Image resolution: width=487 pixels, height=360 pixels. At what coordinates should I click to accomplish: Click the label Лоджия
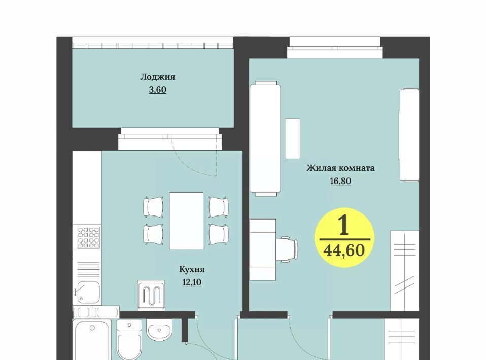coord(158,77)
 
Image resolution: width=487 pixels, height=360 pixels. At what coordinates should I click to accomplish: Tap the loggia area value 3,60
coord(158,90)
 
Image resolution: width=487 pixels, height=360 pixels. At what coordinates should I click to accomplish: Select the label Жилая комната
coord(340,168)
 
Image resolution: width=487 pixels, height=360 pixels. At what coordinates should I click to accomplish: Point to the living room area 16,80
coord(340,181)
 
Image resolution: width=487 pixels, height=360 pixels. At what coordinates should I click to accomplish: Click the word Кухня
coord(192,269)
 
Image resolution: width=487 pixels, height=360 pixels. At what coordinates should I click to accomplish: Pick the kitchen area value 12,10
coord(192,282)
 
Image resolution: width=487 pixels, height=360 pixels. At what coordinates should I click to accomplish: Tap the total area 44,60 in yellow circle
coord(344,250)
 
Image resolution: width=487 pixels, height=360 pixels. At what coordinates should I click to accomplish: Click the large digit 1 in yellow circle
coord(344,225)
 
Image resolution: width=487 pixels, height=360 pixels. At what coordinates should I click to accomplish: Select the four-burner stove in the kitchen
coord(89,238)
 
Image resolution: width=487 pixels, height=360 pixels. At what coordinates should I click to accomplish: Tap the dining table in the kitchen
coord(186,221)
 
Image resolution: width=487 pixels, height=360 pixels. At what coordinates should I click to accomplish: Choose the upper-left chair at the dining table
coord(153,207)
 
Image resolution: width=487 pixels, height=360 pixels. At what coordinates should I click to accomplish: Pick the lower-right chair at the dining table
coord(219,234)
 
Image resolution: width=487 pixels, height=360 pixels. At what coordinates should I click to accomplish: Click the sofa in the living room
coord(265,138)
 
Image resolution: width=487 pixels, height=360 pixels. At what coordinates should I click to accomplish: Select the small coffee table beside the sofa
coord(293,138)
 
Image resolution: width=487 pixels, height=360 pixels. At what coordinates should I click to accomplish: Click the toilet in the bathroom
coord(129,340)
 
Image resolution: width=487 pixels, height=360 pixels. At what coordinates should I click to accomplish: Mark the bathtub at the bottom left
coord(92,340)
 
